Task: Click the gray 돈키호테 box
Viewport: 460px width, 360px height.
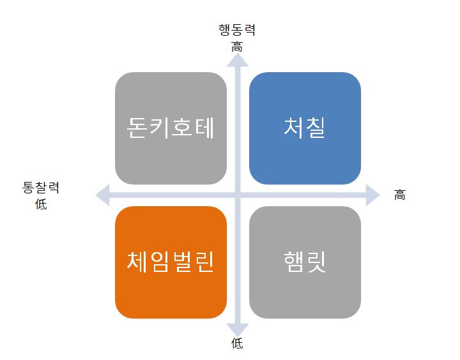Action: pyautogui.click(x=171, y=128)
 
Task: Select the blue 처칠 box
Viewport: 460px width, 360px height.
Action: pyautogui.click(x=305, y=128)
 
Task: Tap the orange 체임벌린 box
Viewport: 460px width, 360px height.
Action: pyautogui.click(x=171, y=262)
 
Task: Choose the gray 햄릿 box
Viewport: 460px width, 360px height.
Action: pyautogui.click(x=305, y=262)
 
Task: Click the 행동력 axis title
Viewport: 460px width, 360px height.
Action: pyautogui.click(x=237, y=30)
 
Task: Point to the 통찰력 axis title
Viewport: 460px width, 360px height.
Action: pyautogui.click(x=41, y=187)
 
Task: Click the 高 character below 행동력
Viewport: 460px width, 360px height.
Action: pyautogui.click(x=237, y=47)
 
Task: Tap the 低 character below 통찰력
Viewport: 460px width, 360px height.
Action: pyautogui.click(x=41, y=204)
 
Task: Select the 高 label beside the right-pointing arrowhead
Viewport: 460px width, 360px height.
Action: pyautogui.click(x=399, y=195)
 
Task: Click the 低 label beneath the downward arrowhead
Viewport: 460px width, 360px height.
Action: pyautogui.click(x=237, y=343)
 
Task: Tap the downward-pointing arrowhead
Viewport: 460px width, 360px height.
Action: pyautogui.click(x=238, y=330)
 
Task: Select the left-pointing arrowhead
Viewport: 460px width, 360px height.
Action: pyautogui.click(x=103, y=195)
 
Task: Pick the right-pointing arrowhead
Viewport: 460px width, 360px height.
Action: pyautogui.click(x=372, y=195)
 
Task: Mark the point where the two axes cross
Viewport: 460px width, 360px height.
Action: pyautogui.click(x=238, y=195)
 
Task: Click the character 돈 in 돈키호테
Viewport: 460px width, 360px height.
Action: pyautogui.click(x=137, y=128)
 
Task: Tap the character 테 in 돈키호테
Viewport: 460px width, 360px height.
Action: pyautogui.click(x=204, y=128)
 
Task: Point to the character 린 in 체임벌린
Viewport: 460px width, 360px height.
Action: pyautogui.click(x=204, y=262)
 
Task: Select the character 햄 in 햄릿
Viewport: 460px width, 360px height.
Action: pyautogui.click(x=294, y=262)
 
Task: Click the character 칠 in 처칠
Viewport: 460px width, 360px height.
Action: pyautogui.click(x=316, y=128)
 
